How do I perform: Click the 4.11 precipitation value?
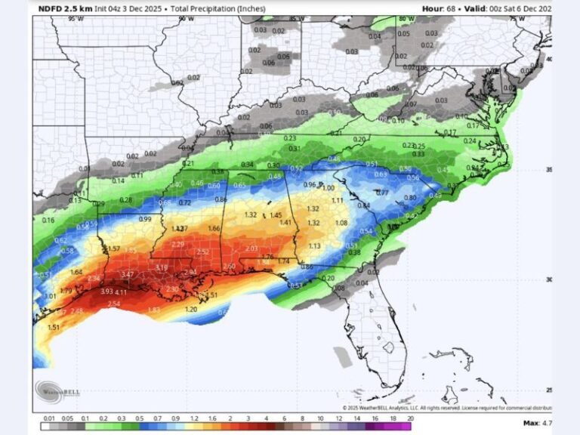pos(121,292)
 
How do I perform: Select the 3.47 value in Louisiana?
pos(127,274)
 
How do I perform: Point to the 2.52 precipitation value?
pos(202,251)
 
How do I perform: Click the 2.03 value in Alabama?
pos(252,248)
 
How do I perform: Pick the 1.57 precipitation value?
pos(113,248)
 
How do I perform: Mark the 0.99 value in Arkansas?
pos(145,218)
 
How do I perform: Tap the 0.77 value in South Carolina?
pos(382,193)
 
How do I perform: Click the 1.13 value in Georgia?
pos(315,245)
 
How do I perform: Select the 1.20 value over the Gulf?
pos(191,309)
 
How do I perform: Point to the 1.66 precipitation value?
pos(214,228)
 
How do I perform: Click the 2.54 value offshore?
pos(114,304)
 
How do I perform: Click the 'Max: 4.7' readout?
pos(536,422)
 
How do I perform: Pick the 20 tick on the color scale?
pos(410,418)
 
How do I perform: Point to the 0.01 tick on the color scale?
pos(47,418)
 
